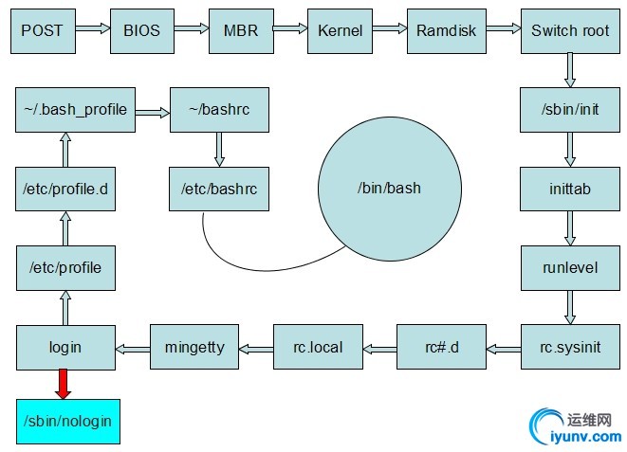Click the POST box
42,29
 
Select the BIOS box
142,29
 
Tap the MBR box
241,29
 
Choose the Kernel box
340,29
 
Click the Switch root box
569,29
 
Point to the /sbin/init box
569,109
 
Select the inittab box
569,189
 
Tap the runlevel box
569,267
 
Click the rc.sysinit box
569,346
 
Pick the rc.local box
320,346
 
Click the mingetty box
194,346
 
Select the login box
65,346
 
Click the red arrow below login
65,383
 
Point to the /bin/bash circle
389,188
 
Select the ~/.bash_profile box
75,109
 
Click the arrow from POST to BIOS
92,29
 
